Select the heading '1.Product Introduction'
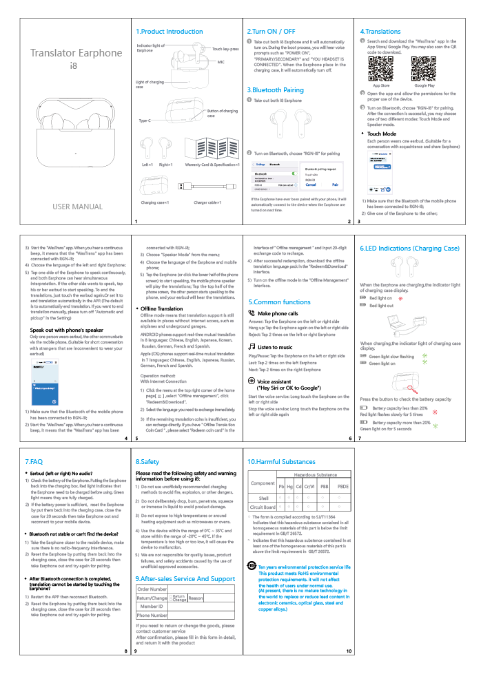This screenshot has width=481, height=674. (x=169, y=32)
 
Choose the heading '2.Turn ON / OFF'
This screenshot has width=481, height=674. (x=271, y=32)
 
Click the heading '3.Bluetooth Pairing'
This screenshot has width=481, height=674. (x=275, y=90)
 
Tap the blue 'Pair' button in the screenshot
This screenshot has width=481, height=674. (x=335, y=185)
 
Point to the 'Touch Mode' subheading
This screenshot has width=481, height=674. (x=381, y=134)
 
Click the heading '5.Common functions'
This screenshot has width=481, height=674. (x=279, y=302)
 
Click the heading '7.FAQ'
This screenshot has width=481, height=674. (x=34, y=461)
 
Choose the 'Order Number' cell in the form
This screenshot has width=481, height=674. (x=152, y=589)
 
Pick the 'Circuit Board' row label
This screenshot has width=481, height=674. (x=261, y=507)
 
